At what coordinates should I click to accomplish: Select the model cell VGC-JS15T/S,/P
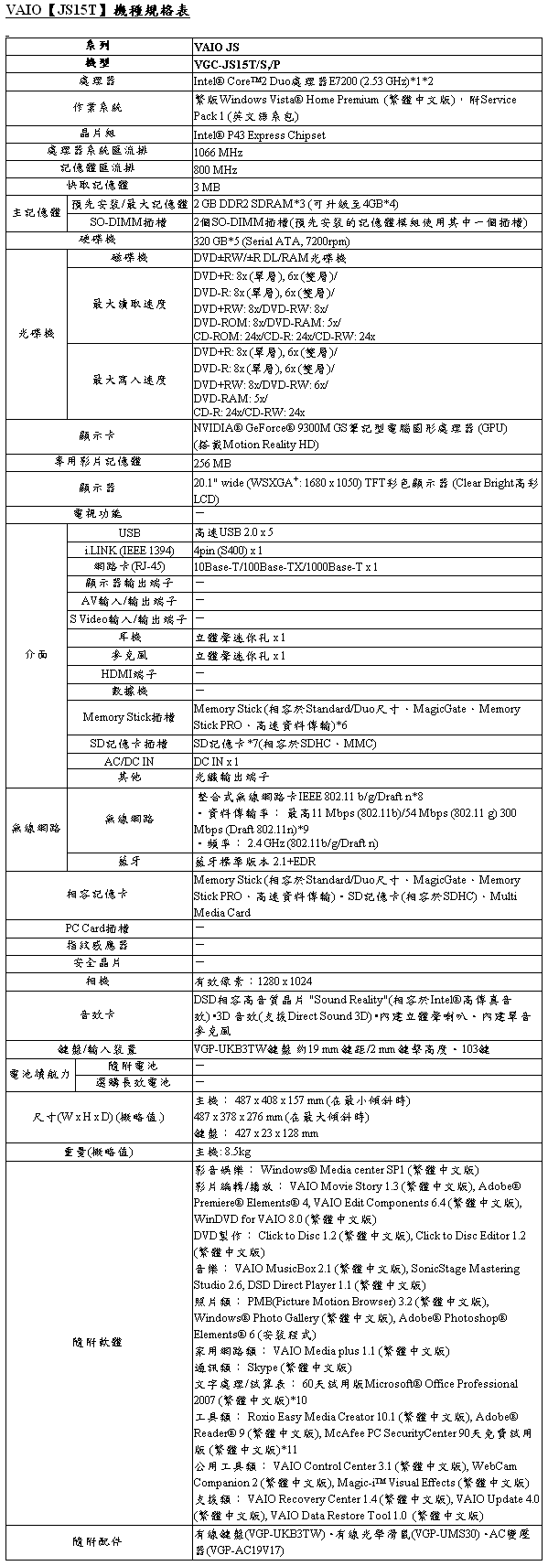[238, 64]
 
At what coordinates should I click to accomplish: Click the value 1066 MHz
[218, 152]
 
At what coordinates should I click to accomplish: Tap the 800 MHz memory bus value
[216, 169]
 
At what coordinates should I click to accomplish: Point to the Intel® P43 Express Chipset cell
[260, 134]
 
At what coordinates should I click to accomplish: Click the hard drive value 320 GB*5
[272, 241]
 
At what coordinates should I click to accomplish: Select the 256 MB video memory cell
[212, 463]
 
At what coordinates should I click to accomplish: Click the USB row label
[129, 532]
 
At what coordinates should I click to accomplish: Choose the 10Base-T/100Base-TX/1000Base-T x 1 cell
[285, 567]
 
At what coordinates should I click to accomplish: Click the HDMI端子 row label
[129, 673]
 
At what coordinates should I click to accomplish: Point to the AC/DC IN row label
[129, 761]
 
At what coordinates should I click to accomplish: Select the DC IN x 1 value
[217, 761]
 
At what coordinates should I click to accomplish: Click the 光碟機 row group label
[37, 334]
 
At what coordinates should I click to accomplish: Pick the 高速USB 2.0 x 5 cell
[234, 532]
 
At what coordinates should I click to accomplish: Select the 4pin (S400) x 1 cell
[229, 550]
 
